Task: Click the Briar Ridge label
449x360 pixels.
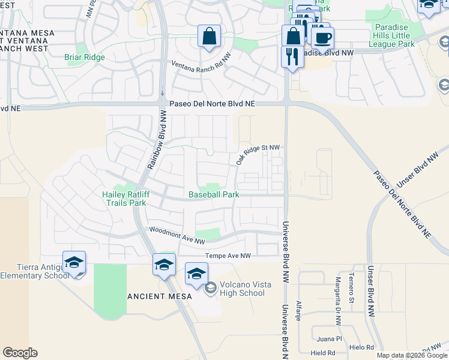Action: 85,58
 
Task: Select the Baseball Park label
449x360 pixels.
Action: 214,194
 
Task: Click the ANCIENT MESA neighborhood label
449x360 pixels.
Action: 160,296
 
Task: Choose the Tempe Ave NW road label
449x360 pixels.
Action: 228,256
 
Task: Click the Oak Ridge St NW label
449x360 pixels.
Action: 258,154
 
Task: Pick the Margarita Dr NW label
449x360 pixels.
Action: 339,298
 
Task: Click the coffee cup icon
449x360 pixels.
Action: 323,38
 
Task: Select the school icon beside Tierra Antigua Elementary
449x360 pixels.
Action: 74,262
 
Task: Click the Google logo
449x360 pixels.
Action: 20,353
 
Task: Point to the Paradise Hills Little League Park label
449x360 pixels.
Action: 391,36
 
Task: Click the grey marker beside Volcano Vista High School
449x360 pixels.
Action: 210,289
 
